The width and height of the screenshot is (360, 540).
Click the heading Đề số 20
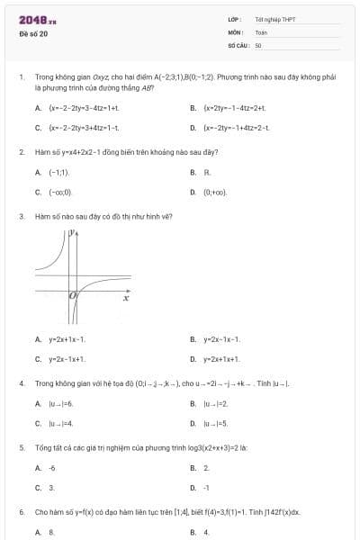(33, 34)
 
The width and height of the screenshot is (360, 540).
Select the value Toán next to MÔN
(261, 31)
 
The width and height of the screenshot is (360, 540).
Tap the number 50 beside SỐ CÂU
(258, 44)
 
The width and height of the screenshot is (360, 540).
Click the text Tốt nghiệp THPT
(274, 18)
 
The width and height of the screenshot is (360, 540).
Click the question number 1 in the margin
(21, 79)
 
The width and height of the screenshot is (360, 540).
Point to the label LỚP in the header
(233, 18)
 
